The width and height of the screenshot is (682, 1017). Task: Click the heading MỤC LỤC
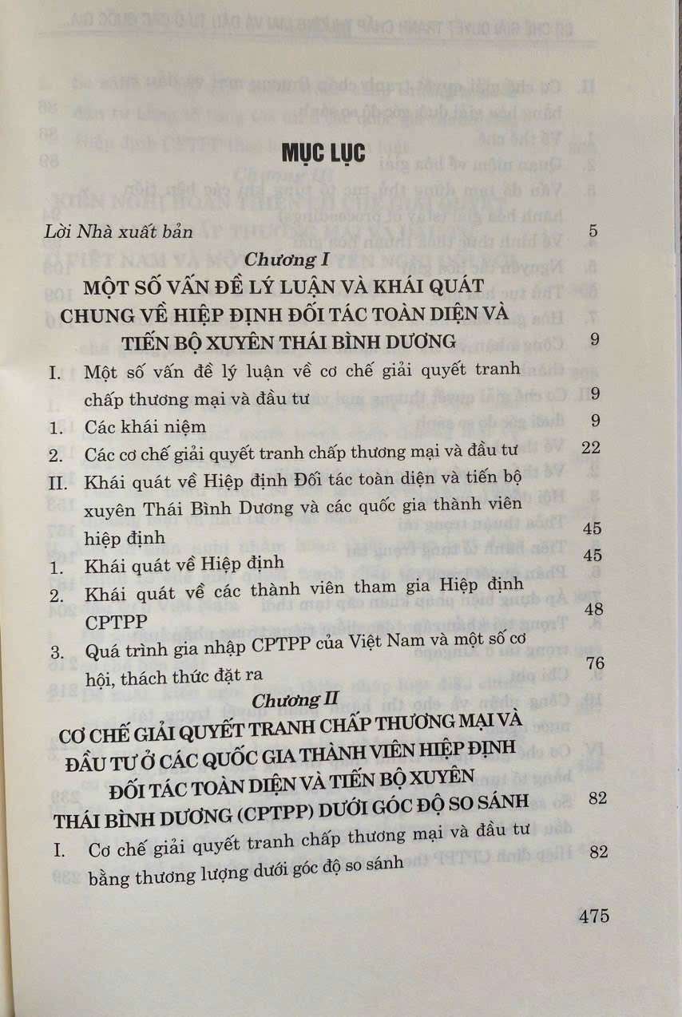323,151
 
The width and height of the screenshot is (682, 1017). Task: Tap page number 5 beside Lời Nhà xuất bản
593,231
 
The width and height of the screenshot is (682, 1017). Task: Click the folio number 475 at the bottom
593,916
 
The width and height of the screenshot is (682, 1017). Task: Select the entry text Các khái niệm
145,427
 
